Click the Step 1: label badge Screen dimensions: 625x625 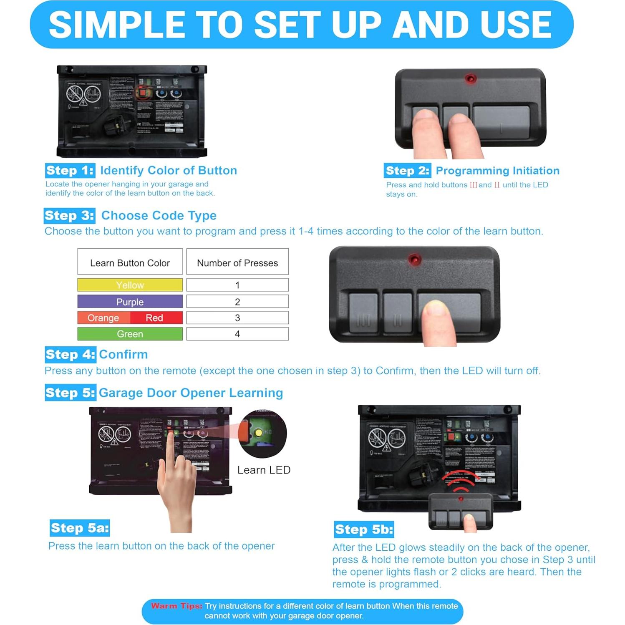70,171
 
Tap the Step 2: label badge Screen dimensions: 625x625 407,171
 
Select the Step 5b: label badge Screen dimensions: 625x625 364,529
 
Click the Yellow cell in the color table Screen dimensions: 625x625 130,285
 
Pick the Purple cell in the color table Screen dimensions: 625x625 130,302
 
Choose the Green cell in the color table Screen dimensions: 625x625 130,334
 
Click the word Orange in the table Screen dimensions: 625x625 103,318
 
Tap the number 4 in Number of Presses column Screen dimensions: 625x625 237,334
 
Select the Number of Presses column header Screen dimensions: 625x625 237,263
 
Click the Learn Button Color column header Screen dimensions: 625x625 130,263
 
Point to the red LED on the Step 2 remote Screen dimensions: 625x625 470,78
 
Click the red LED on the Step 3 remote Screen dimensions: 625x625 414,260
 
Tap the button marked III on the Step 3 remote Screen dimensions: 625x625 363,313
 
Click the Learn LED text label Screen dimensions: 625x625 264,470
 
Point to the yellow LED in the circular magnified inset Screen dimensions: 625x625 259,433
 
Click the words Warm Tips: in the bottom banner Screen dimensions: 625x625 176,606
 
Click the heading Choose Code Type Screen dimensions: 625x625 159,216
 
